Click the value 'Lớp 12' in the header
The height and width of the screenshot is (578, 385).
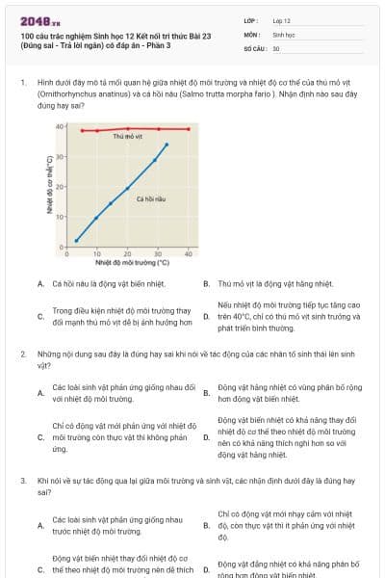(282, 20)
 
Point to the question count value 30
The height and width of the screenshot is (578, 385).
(276, 47)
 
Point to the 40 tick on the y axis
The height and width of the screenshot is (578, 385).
(60, 126)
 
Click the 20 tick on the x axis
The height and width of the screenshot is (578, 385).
(127, 253)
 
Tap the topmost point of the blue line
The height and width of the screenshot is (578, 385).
(167, 144)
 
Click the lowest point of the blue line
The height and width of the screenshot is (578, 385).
(76, 240)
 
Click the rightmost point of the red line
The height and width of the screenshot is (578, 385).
(188, 129)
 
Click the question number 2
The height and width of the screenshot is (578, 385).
(22, 354)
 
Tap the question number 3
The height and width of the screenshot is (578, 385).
(22, 479)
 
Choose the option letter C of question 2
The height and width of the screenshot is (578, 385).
(39, 437)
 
